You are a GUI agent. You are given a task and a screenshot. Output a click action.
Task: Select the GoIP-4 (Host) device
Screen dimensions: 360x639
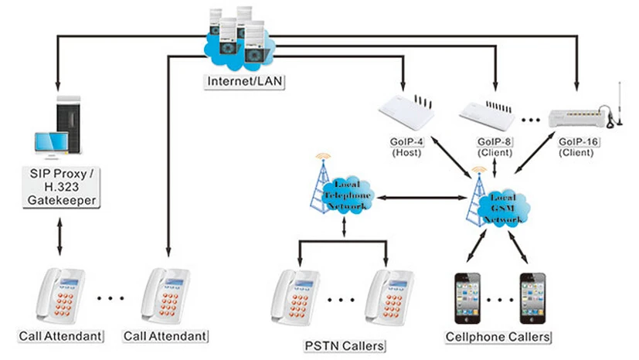[x=407, y=113]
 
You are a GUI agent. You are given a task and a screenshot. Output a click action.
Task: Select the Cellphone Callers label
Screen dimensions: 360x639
[x=498, y=338]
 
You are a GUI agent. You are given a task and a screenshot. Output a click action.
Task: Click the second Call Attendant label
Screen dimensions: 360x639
[x=165, y=337]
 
